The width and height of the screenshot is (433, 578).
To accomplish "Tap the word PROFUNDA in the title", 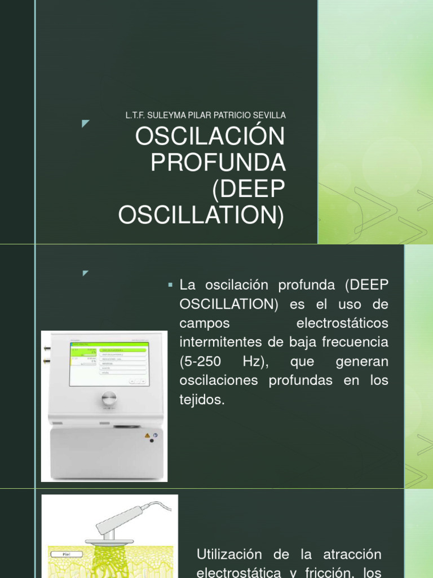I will (218, 164).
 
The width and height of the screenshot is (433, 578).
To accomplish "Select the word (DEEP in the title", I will (248, 190).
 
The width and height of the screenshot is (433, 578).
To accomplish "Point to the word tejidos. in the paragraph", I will (202, 400).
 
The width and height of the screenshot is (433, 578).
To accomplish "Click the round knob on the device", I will (109, 399).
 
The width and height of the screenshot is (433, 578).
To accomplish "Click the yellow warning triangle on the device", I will (147, 436).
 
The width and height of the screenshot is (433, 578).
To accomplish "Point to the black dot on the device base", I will (151, 441).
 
